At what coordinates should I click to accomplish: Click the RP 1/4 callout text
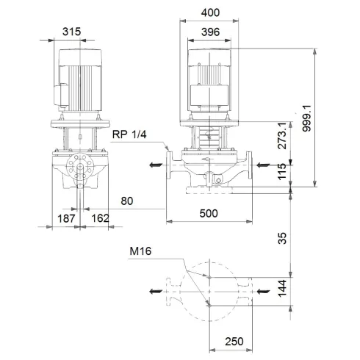[129, 134]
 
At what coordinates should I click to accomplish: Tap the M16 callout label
[142, 251]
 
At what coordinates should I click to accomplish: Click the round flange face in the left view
[79, 169]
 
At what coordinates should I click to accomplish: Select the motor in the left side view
[79, 79]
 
